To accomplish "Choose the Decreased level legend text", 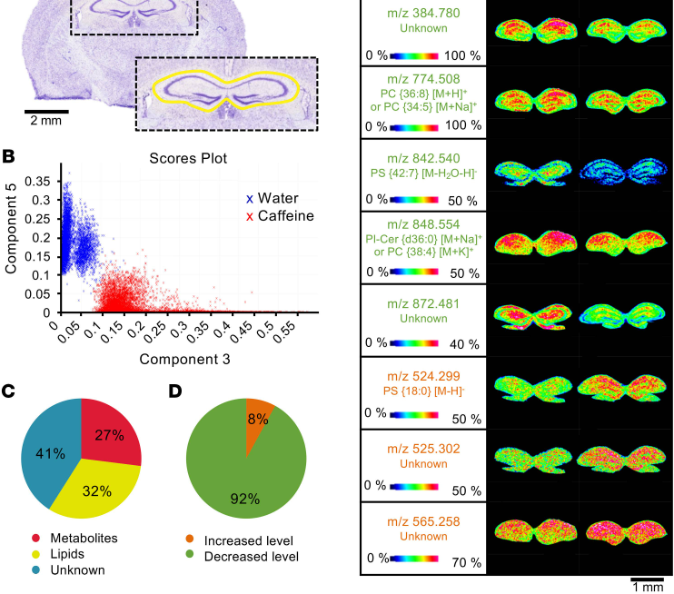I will point(251,555).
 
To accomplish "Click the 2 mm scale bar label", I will point(45,120).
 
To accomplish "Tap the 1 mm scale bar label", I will point(648,587).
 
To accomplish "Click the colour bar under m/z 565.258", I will point(414,563).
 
